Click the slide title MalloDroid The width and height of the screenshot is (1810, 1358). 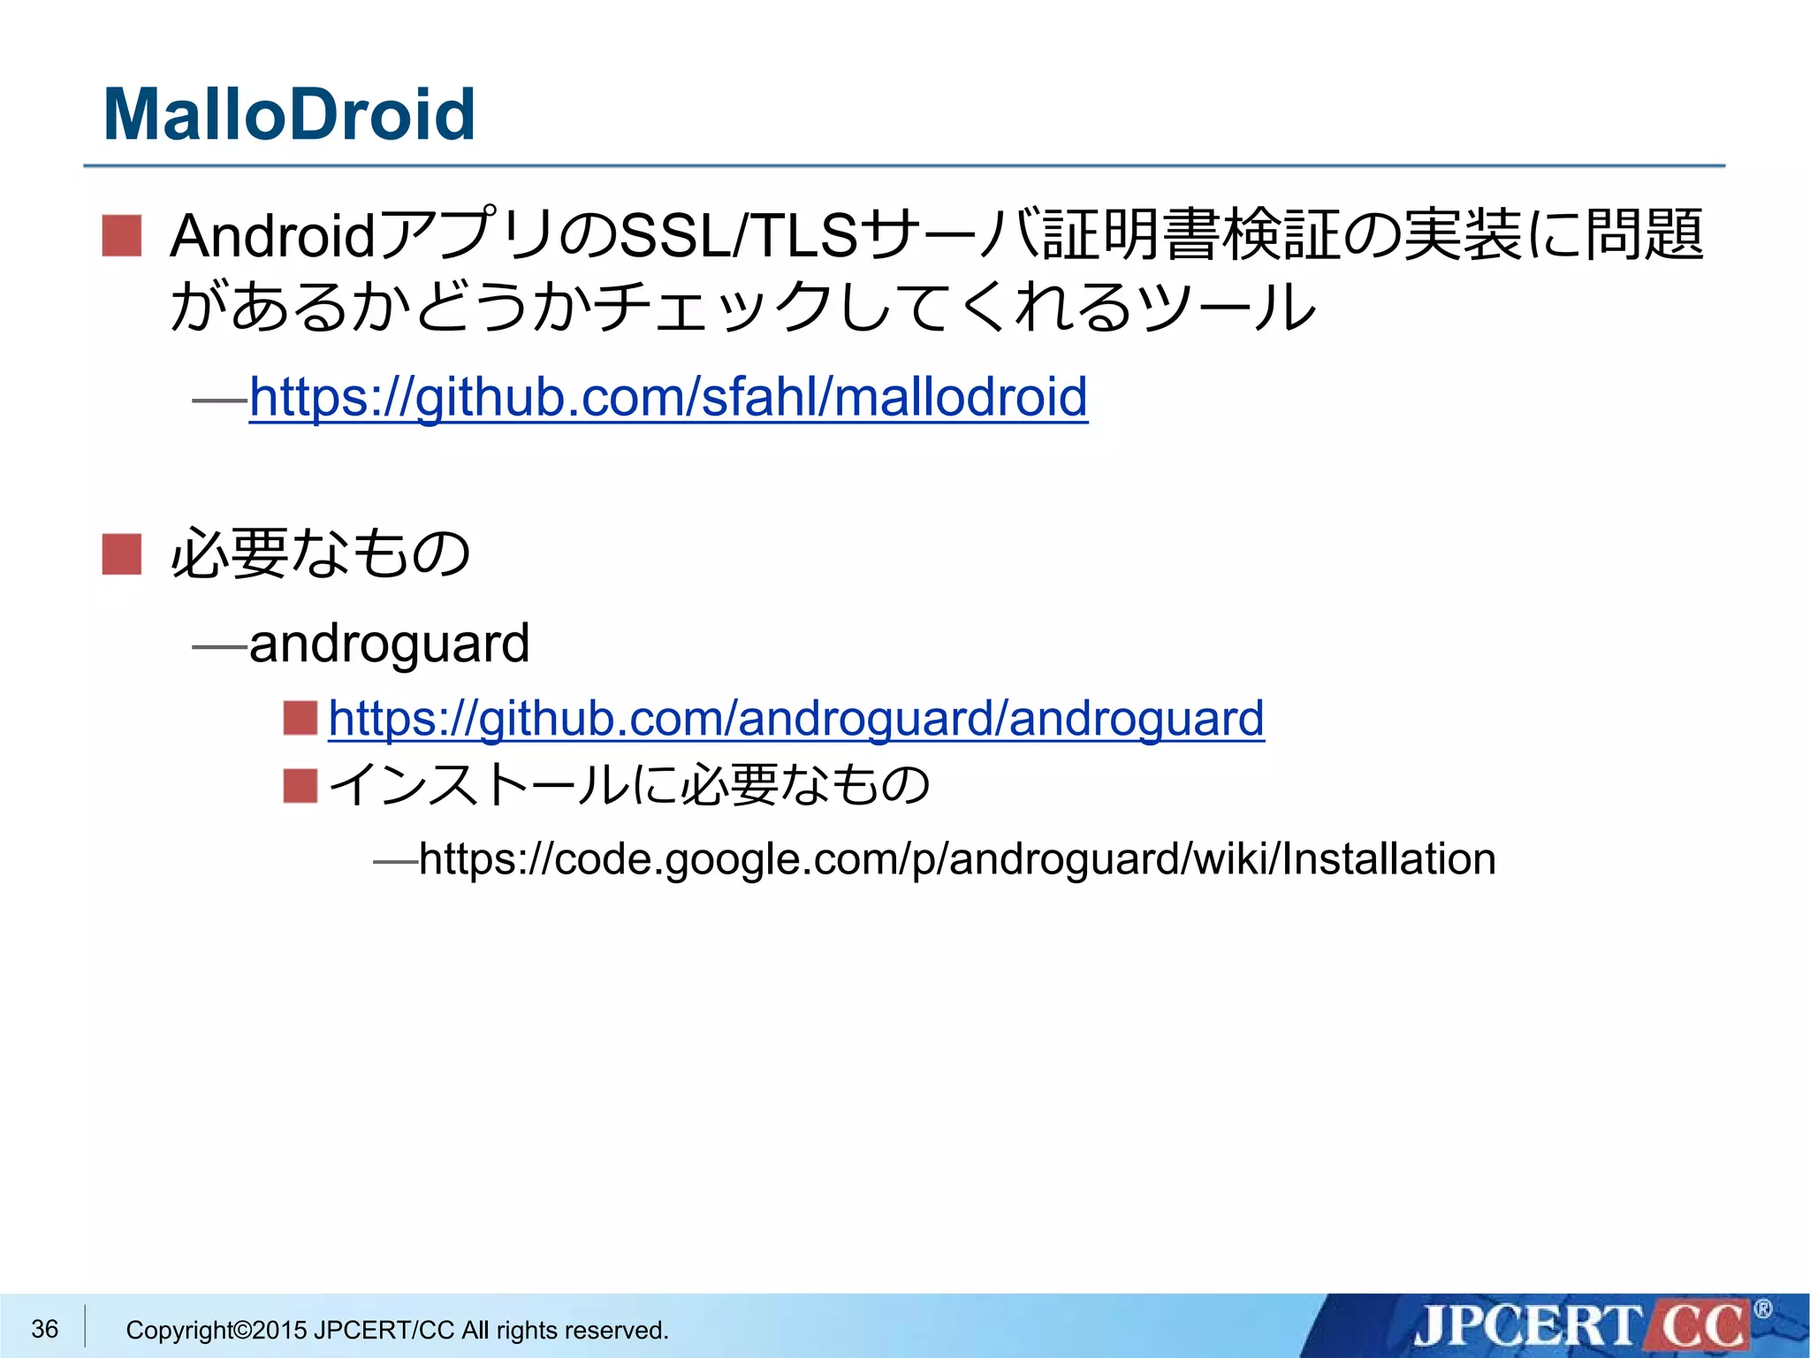tap(289, 115)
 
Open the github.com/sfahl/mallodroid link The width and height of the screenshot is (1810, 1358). tap(668, 397)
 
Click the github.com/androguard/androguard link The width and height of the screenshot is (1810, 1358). tap(796, 718)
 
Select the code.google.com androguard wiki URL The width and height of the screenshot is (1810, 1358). tap(957, 859)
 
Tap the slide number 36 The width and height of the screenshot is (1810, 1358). tap(45, 1329)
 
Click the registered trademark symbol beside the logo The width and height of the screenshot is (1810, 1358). tap(1761, 1309)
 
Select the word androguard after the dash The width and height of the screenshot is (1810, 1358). tap(390, 645)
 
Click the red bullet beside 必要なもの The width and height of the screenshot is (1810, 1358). tap(122, 555)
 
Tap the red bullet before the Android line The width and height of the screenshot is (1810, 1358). tap(122, 236)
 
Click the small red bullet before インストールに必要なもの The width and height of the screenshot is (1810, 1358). tap(300, 785)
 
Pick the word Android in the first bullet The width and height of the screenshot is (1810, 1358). tap(273, 236)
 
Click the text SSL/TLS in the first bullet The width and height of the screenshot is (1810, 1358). tap(739, 236)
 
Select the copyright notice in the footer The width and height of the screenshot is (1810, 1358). tap(397, 1330)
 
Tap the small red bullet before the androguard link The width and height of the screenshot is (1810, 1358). tap(300, 718)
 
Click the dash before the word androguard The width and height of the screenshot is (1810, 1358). tap(219, 647)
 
